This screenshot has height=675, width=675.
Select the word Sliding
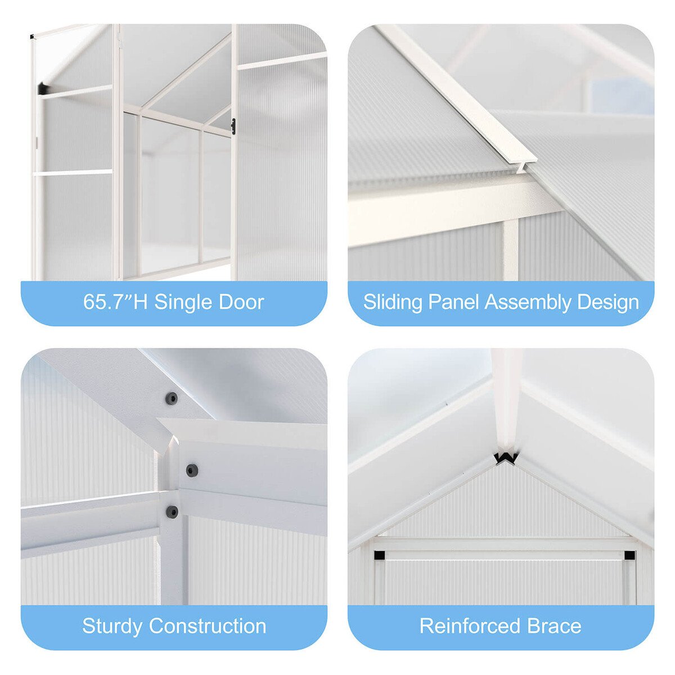(392, 302)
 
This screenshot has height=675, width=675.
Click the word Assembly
(528, 302)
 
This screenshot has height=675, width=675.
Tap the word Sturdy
(112, 626)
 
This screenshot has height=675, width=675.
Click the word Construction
(208, 625)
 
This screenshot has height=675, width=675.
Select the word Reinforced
(470, 625)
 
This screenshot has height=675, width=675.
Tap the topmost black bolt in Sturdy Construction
(171, 398)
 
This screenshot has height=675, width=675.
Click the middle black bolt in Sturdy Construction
(191, 470)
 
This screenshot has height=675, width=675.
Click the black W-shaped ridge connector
(506, 459)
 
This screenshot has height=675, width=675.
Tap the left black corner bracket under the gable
(379, 555)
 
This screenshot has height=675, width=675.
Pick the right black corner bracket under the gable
(629, 555)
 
